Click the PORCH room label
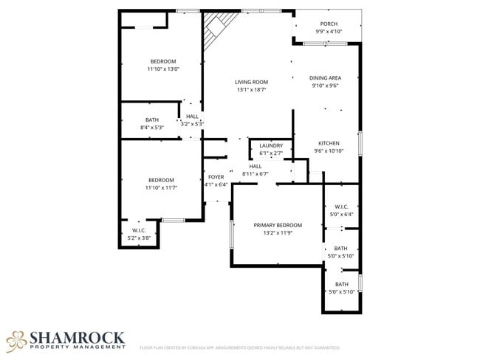[329, 24]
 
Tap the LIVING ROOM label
[251, 82]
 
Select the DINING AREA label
[325, 77]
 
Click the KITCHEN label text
[329, 142]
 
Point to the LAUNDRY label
[271, 145]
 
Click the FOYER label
[216, 177]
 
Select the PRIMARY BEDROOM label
[278, 225]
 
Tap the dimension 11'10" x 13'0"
[163, 69]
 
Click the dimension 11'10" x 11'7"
[161, 188]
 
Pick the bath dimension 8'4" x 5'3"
[151, 128]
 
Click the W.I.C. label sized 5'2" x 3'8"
[139, 230]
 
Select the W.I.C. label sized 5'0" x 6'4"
[341, 207]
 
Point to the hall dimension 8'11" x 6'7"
[256, 174]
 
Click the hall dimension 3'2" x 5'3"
[192, 124]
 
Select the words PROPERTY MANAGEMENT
[77, 347]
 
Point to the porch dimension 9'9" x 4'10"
[329, 32]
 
